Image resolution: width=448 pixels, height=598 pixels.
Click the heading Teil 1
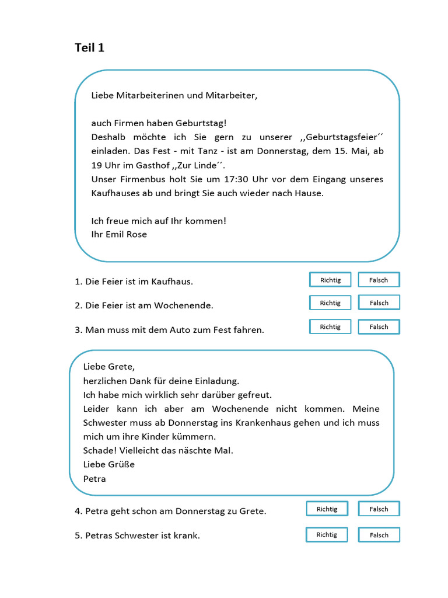coord(89,48)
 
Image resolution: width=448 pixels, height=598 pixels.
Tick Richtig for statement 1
coord(330,280)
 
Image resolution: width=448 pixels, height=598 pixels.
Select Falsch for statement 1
coord(379,280)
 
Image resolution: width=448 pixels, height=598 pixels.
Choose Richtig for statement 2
coord(330,303)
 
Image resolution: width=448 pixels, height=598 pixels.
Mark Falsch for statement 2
coord(379,303)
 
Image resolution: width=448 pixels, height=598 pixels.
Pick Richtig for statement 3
coord(330,326)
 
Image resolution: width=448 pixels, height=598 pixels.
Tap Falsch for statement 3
coord(379,326)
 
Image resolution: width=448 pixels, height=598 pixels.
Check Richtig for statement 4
coord(327,509)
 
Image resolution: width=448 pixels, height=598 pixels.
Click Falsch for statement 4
coord(379,509)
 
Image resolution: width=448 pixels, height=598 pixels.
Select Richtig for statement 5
coord(327,534)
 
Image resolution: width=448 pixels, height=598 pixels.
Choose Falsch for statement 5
coord(379,534)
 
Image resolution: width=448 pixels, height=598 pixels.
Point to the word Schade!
coord(100,450)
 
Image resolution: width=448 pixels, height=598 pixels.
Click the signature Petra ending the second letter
coord(94,478)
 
